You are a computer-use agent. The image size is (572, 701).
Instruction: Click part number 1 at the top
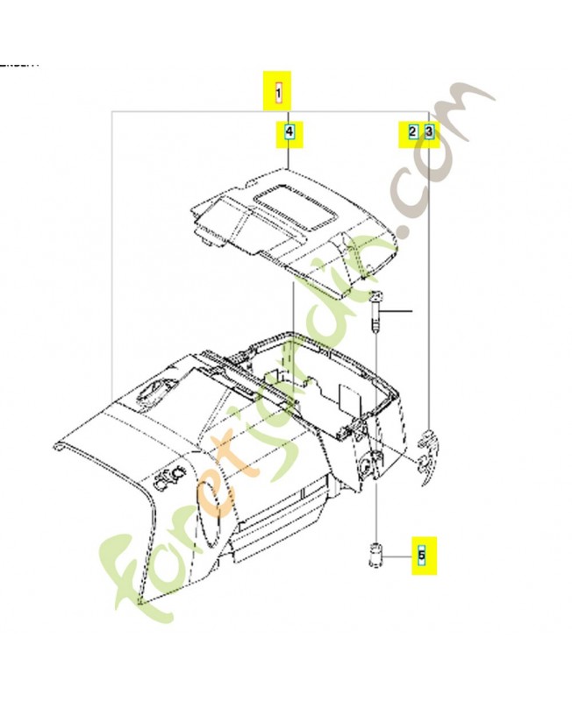tap(279, 91)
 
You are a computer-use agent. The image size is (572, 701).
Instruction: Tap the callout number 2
tap(411, 132)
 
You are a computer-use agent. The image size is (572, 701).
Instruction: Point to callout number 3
tap(428, 132)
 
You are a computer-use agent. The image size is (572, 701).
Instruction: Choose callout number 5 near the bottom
tap(421, 555)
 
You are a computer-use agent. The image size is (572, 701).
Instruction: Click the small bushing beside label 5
tap(375, 555)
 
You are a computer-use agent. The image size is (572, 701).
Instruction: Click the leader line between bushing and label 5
tap(399, 556)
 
